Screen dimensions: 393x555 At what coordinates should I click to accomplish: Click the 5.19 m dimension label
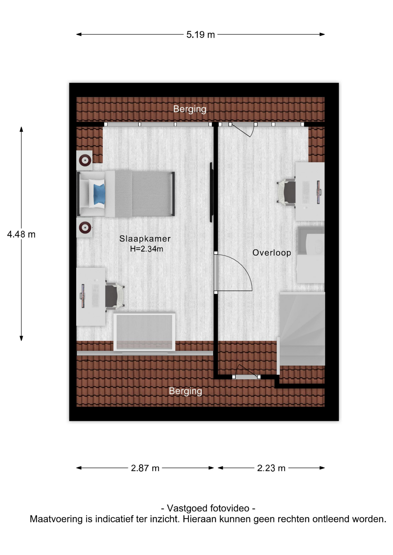click(x=200, y=35)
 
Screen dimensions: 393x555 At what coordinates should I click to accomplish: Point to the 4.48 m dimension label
click(x=21, y=234)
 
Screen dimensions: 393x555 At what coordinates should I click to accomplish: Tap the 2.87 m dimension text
click(x=145, y=468)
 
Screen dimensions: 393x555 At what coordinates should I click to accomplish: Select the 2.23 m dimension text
click(x=271, y=468)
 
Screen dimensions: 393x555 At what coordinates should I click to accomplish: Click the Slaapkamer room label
click(x=145, y=238)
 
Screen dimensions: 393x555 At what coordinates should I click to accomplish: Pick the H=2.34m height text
click(x=146, y=249)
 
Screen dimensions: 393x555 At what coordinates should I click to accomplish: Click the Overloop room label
click(x=272, y=253)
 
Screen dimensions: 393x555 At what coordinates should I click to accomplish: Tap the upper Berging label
click(x=190, y=109)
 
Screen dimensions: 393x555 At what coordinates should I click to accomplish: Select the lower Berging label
click(x=186, y=391)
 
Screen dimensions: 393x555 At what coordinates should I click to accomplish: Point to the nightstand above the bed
click(x=84, y=160)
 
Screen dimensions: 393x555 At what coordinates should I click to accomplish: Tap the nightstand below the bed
click(x=84, y=228)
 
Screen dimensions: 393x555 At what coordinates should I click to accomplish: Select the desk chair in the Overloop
click(x=286, y=192)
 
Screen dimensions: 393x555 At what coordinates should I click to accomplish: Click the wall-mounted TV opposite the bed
click(x=212, y=192)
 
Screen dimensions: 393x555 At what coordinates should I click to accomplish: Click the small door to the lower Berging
click(x=246, y=373)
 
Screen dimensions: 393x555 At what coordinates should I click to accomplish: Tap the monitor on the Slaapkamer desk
click(x=83, y=296)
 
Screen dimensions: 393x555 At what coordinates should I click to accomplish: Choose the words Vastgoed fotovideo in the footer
click(x=208, y=508)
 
